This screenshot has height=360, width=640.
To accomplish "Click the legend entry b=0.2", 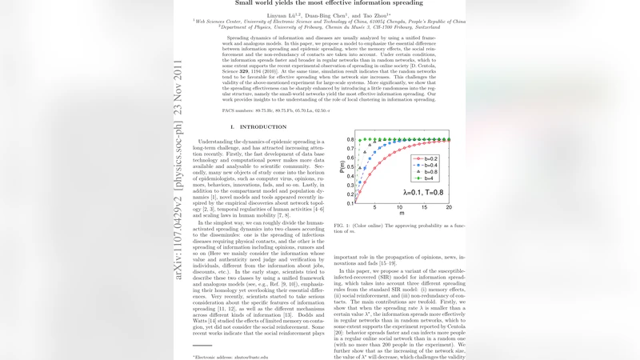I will (x=430, y=159).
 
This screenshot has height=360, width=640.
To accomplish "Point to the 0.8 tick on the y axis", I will (x=350, y=140).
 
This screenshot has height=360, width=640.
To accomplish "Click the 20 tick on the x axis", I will (x=448, y=207).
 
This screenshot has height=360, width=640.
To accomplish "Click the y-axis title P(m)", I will (x=340, y=167).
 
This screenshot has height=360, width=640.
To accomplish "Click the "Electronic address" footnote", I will (x=211, y=356).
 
